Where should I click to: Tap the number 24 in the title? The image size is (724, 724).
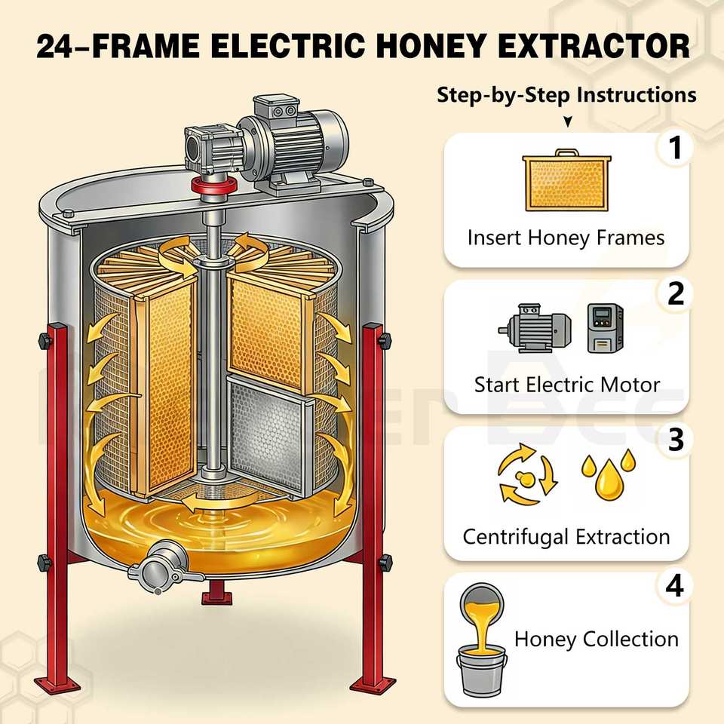pos(54,47)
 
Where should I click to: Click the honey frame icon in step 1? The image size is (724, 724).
pos(566,180)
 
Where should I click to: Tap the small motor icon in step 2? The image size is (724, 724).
pos(535,328)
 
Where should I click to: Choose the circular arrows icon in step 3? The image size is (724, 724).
pos(527,474)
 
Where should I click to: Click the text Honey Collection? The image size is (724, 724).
pos(596,640)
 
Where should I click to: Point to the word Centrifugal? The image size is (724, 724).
pos(515,537)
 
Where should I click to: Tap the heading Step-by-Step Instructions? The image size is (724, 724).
pos(566,95)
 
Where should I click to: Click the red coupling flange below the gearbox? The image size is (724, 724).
pos(213,186)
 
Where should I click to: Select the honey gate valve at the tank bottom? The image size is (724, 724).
pos(163,566)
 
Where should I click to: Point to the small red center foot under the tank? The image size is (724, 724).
pos(216,593)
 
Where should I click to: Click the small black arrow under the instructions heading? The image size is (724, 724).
pos(568,121)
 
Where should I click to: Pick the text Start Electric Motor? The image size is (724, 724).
pos(567,385)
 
